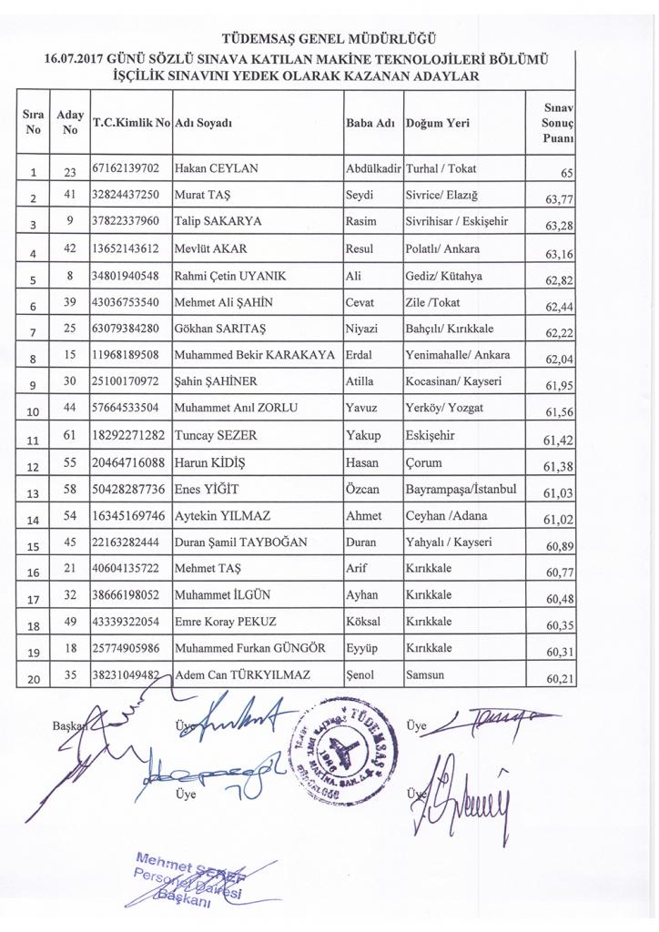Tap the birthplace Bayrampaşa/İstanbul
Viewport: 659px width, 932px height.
pyautogui.click(x=461, y=490)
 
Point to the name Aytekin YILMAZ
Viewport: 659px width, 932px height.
pyautogui.click(x=222, y=516)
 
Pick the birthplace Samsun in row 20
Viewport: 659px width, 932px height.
pyautogui.click(x=424, y=676)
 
